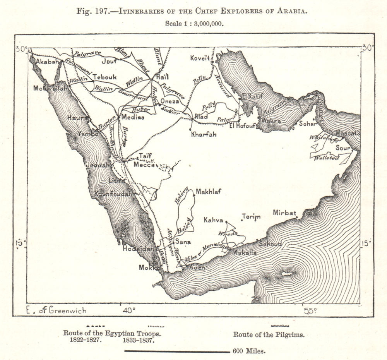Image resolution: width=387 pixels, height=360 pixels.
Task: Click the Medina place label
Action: click(133, 117)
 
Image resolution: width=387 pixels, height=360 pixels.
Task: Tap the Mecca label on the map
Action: click(144, 165)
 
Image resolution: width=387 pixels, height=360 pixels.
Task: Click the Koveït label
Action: click(200, 58)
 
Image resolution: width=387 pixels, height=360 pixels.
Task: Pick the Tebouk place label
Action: click(104, 77)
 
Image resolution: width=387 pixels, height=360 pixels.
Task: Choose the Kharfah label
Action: click(204, 135)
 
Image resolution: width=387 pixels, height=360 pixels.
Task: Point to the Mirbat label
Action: click(284, 213)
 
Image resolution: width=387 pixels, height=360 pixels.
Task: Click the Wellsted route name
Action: click(327, 158)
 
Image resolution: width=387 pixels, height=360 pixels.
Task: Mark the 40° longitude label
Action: click(129, 310)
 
